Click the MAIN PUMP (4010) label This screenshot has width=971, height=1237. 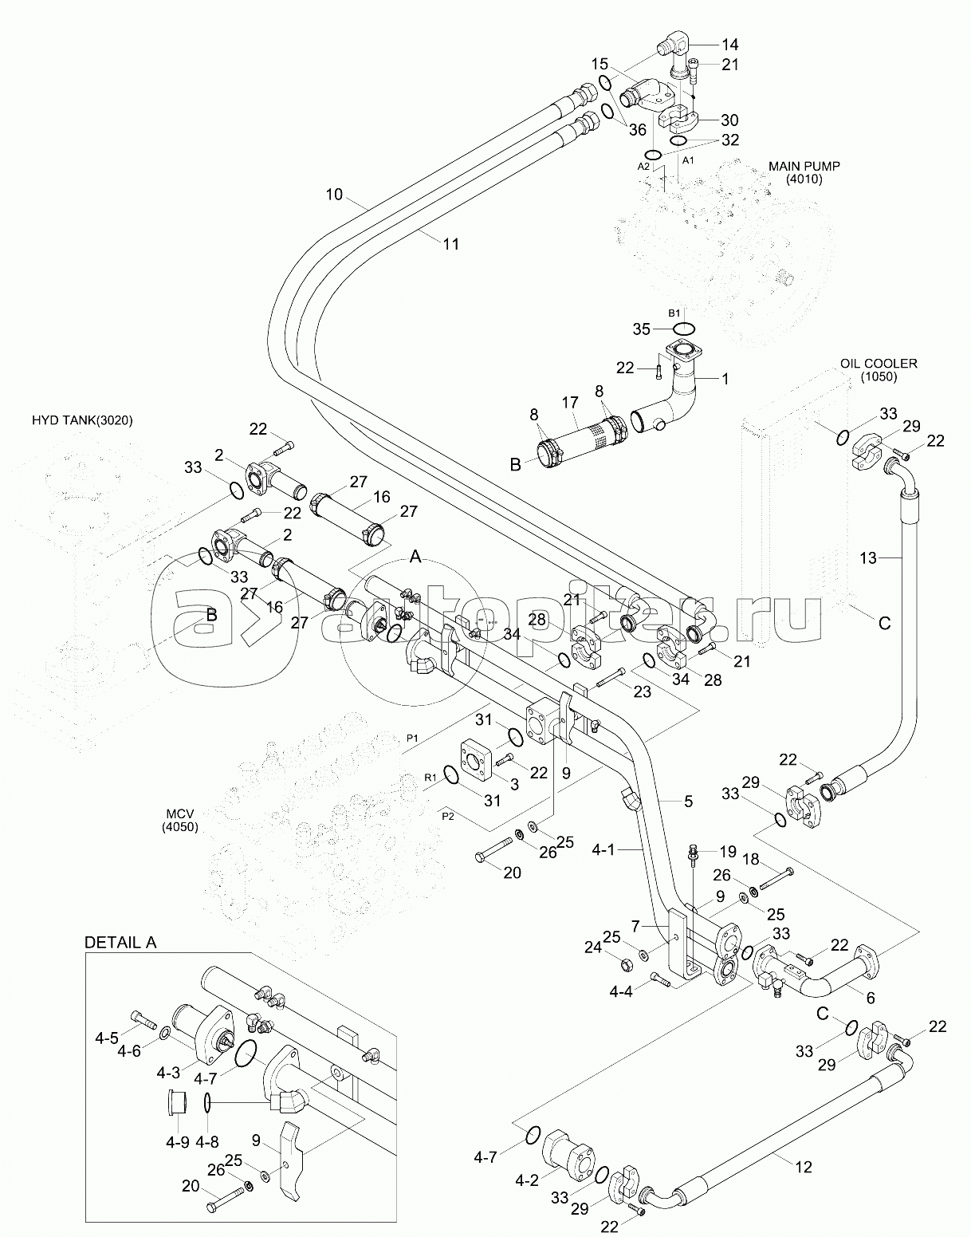click(x=804, y=172)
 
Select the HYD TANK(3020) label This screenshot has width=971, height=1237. click(x=82, y=420)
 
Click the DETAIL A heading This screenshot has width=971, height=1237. click(x=120, y=942)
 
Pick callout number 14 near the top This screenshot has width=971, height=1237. click(x=730, y=44)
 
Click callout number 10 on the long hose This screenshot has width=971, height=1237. click(x=334, y=194)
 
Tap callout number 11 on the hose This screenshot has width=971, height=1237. click(x=451, y=244)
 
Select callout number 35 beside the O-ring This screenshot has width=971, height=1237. click(x=641, y=329)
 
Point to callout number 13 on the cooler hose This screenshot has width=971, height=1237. click(x=867, y=557)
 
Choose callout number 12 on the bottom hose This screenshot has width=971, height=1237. click(x=804, y=1167)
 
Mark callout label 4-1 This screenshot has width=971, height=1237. click(x=626, y=851)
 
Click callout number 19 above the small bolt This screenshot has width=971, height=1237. click(x=729, y=851)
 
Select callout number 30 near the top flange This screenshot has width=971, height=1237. click(x=729, y=120)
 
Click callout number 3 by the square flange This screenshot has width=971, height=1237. click(x=515, y=784)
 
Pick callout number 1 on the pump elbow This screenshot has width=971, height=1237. click(x=725, y=379)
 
